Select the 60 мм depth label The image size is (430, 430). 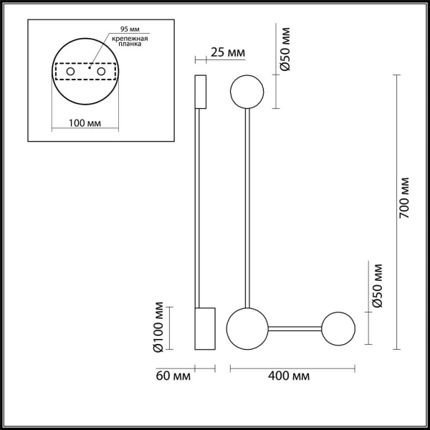(x=172, y=376)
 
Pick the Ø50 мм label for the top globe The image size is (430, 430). (x=285, y=49)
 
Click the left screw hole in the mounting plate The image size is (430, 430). (x=70, y=72)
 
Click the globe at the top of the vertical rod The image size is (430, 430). (x=247, y=91)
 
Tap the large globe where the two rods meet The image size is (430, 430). (x=246, y=328)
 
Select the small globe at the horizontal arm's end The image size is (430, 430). (x=338, y=328)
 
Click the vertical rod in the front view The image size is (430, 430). (x=247, y=208)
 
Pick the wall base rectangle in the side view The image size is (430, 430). (x=205, y=329)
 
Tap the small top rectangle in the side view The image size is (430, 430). (x=201, y=91)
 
